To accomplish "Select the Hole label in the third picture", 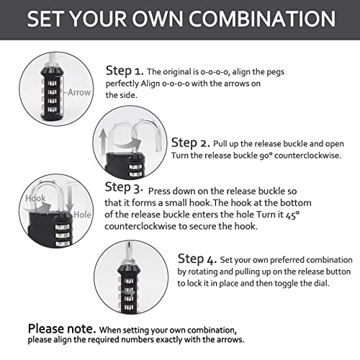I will pyautogui.click(x=84, y=214).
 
